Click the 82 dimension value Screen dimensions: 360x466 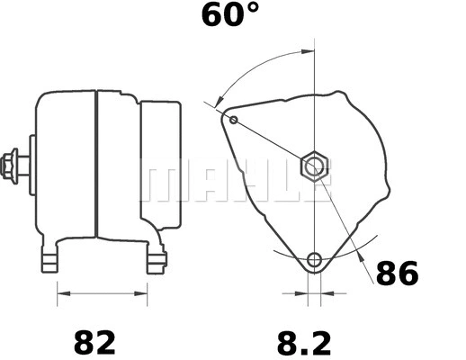point(94,342)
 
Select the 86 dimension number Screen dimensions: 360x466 point(397,273)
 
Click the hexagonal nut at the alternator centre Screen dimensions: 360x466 point(314,166)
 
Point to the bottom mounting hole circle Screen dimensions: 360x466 point(313,261)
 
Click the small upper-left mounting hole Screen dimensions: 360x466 point(234,120)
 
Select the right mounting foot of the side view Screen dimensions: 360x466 point(156,260)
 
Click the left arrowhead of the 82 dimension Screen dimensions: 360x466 point(62,292)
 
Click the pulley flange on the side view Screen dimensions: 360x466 point(31,166)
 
